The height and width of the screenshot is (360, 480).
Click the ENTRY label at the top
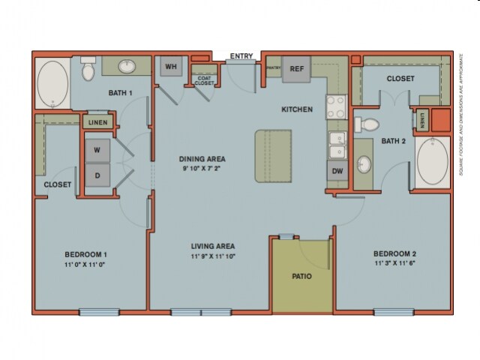point(241,56)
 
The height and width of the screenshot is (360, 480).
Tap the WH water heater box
point(170,67)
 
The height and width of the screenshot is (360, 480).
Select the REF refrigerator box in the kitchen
point(296,68)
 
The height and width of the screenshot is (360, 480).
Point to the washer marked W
point(97,150)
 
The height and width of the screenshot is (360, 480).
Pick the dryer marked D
point(97,176)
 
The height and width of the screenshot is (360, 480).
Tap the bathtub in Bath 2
point(432,160)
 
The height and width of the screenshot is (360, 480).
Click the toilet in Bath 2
point(370,124)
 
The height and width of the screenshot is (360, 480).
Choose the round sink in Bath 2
point(364,163)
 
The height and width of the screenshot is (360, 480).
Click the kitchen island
point(273,155)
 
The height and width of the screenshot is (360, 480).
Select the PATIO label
point(301,276)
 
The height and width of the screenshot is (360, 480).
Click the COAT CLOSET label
point(204,80)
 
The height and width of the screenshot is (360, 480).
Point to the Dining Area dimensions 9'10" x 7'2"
point(202,169)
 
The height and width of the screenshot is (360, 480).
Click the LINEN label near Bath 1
point(97,123)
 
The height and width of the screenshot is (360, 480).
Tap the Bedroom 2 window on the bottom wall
point(393,312)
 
